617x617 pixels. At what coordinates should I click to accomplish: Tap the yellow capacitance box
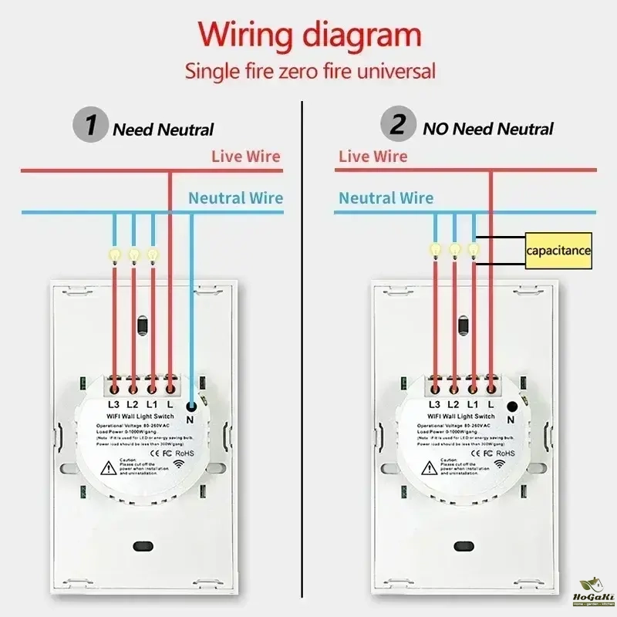(x=559, y=251)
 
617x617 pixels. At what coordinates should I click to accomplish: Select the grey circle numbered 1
(x=91, y=126)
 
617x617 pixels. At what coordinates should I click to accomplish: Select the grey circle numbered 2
(x=398, y=125)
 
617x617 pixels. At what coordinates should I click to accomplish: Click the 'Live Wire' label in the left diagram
(x=246, y=157)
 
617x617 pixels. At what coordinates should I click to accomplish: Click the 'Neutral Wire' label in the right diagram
(x=386, y=198)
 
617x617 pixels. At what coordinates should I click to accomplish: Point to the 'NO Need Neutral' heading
(x=488, y=129)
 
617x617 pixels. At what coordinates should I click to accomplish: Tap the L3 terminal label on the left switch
(x=113, y=404)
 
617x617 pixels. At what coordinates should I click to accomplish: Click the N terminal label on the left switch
(x=191, y=419)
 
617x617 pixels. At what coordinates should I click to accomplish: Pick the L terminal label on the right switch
(x=491, y=404)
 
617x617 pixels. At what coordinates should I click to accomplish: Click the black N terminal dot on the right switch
(x=511, y=406)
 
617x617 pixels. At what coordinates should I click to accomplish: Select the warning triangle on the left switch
(x=110, y=467)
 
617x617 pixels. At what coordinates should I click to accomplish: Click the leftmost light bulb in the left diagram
(x=114, y=253)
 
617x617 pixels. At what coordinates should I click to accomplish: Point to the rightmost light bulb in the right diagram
(x=473, y=249)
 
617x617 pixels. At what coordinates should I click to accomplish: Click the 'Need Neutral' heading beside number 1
(x=164, y=130)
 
